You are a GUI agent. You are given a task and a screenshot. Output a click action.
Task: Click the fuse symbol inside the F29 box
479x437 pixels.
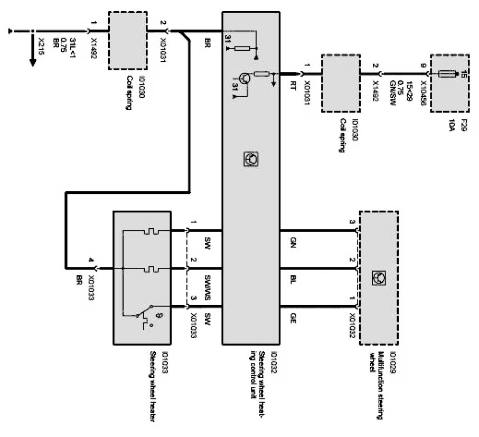(x=448, y=75)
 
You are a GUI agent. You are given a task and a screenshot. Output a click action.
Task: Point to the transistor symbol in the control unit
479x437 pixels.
(x=244, y=78)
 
